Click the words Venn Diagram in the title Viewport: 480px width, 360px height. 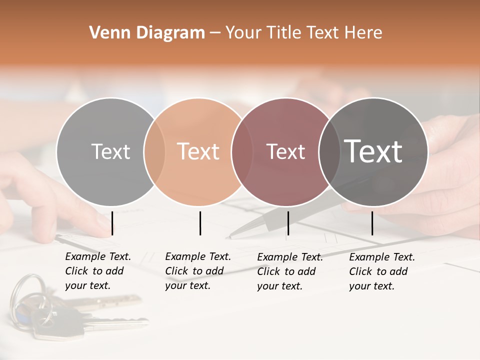[147, 33]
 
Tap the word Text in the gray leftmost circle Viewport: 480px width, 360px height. [110, 151]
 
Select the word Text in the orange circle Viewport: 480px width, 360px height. [198, 151]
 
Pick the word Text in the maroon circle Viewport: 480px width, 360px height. [285, 151]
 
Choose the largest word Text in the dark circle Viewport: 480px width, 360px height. [373, 151]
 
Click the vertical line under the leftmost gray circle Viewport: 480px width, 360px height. [112, 223]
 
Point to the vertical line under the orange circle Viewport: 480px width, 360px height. [200, 223]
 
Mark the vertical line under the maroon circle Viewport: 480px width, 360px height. [288, 223]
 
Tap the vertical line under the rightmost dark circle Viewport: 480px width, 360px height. [372, 223]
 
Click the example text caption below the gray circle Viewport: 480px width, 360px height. [98, 271]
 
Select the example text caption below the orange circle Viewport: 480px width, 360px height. [198, 271]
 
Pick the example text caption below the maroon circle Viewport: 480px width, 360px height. [290, 271]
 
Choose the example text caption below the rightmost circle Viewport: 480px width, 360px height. [382, 271]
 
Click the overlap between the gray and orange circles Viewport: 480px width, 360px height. [154, 151]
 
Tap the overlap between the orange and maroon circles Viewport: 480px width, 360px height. [238, 151]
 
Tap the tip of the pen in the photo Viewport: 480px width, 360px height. [228, 237]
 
